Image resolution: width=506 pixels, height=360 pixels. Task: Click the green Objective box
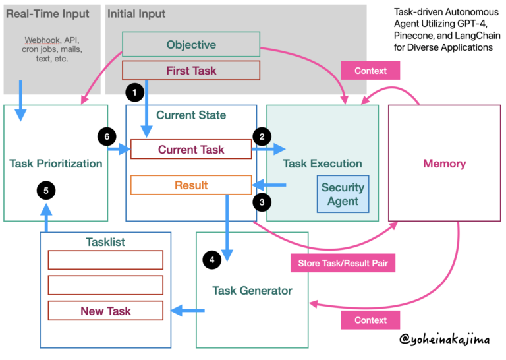[190, 45]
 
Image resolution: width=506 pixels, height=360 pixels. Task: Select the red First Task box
[190, 71]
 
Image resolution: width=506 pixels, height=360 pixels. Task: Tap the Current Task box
[190, 150]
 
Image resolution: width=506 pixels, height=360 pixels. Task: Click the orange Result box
[190, 185]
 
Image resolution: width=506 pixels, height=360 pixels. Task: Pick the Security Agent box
[343, 194]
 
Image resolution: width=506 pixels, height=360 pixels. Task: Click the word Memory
[444, 164]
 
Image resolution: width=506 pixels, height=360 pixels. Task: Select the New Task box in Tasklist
[105, 311]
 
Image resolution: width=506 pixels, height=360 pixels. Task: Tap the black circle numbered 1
[134, 93]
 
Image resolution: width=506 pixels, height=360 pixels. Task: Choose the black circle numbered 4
[211, 260]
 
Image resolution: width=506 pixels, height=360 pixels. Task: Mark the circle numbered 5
[45, 191]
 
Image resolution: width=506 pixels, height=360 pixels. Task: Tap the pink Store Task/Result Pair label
[342, 263]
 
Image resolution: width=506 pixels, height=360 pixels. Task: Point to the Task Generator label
[252, 290]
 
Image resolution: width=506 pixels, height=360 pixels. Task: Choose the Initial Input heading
[137, 13]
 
